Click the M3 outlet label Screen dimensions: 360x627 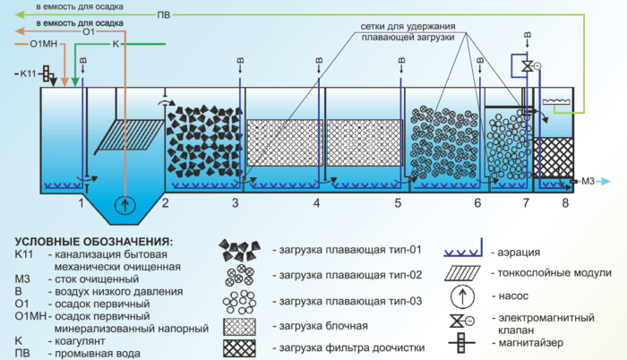pyautogui.click(x=589, y=182)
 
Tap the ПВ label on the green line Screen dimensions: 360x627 pyautogui.click(x=162, y=15)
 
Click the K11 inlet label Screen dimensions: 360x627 pyautogui.click(x=27, y=73)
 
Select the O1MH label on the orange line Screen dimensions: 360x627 pyautogui.click(x=42, y=43)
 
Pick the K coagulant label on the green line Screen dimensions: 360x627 pyautogui.click(x=116, y=43)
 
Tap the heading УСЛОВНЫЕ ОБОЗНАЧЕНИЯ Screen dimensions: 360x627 pyautogui.click(x=96, y=242)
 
